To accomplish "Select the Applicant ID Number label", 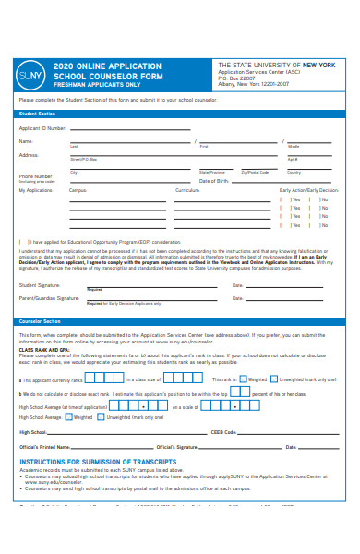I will click(x=42, y=128).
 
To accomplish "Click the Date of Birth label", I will click(x=214, y=181).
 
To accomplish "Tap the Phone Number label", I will click(x=36, y=175).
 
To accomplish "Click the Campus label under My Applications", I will click(x=78, y=190).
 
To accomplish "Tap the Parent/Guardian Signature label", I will click(x=49, y=298).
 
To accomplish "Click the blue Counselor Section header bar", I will click(x=180, y=321).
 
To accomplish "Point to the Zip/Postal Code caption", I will click(x=255, y=172).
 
